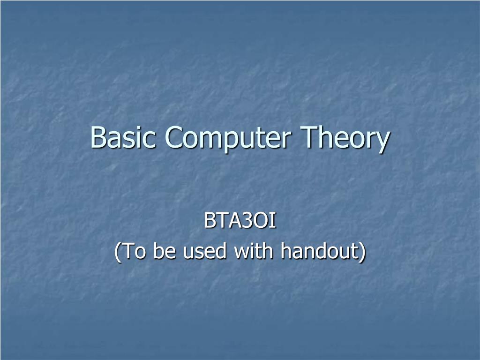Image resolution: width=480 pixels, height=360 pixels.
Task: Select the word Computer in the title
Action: [227, 139]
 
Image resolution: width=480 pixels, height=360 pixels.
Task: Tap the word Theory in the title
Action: [345, 139]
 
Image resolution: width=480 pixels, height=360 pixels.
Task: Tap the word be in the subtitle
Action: [165, 251]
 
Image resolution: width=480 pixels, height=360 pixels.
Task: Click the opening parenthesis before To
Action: [117, 252]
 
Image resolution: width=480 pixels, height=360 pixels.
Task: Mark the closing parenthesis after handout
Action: [362, 252]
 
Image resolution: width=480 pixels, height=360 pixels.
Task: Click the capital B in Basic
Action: [97, 137]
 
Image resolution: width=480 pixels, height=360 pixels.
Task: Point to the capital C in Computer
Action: [174, 137]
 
